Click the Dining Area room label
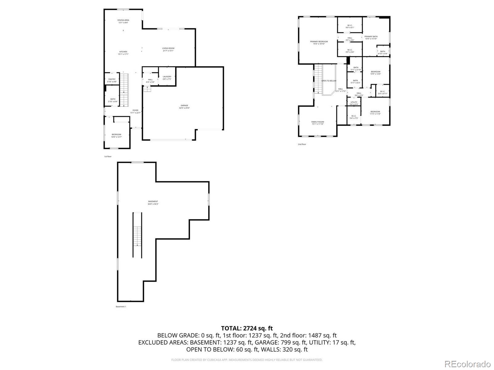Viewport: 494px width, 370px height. [x=123, y=21]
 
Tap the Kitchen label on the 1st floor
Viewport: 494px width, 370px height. [x=123, y=53]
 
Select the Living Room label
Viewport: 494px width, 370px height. [x=168, y=49]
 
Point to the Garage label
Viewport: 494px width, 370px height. [x=184, y=107]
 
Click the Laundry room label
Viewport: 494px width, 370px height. [x=167, y=78]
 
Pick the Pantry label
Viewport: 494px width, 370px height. [x=112, y=80]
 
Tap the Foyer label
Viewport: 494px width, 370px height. [x=135, y=111]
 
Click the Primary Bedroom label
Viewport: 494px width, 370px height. [x=319, y=43]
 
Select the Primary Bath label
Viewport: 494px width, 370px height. [x=371, y=37]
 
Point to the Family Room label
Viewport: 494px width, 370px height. [x=317, y=123]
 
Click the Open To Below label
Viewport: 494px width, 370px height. [x=329, y=81]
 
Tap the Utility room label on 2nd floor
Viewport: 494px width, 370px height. [x=354, y=103]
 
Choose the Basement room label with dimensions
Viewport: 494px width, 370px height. [x=153, y=203]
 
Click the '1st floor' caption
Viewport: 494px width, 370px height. [x=108, y=157]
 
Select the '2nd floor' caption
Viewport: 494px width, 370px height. [x=302, y=144]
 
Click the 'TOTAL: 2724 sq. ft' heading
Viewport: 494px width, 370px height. [x=247, y=328]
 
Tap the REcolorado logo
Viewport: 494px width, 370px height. [x=469, y=364]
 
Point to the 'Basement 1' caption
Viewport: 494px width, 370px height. [x=121, y=306]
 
